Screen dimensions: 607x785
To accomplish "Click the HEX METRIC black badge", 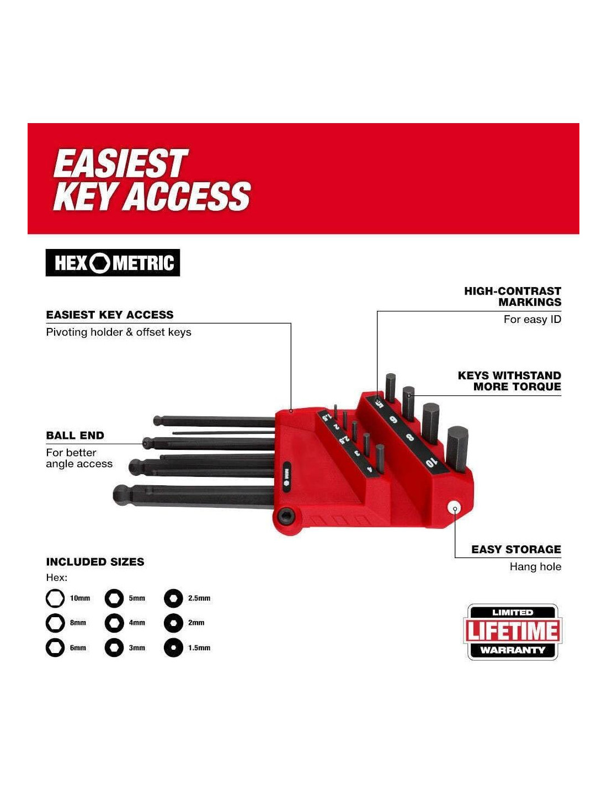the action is pyautogui.click(x=113, y=263).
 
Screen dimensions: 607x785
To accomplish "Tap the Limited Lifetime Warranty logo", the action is pyautogui.click(x=513, y=632).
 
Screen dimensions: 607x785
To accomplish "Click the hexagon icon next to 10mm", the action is pyautogui.click(x=55, y=598).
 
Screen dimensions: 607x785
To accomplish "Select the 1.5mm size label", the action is pyautogui.click(x=199, y=648).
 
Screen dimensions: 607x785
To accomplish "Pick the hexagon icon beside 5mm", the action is pyautogui.click(x=114, y=598).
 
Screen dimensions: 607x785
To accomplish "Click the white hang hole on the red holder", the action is pyautogui.click(x=454, y=508).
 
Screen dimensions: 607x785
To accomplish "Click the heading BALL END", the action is pyautogui.click(x=75, y=436).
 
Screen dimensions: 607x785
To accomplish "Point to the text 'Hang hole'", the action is pyautogui.click(x=535, y=567).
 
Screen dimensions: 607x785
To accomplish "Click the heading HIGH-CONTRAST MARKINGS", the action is pyautogui.click(x=513, y=296).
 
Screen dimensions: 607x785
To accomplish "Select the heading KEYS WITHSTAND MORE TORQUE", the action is pyautogui.click(x=509, y=381).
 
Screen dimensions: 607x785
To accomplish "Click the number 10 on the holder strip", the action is pyautogui.click(x=432, y=462).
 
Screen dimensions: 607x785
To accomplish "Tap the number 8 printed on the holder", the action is pyautogui.click(x=410, y=437).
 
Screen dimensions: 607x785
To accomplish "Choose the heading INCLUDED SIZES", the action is pyautogui.click(x=95, y=562).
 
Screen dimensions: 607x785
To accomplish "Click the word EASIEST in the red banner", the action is pyautogui.click(x=121, y=163).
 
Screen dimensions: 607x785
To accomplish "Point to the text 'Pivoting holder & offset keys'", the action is pyautogui.click(x=119, y=332).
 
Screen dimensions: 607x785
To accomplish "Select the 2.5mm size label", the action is pyautogui.click(x=199, y=598).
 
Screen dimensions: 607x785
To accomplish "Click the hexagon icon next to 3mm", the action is pyautogui.click(x=114, y=648).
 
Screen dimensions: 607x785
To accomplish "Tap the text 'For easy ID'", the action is pyautogui.click(x=533, y=319).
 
